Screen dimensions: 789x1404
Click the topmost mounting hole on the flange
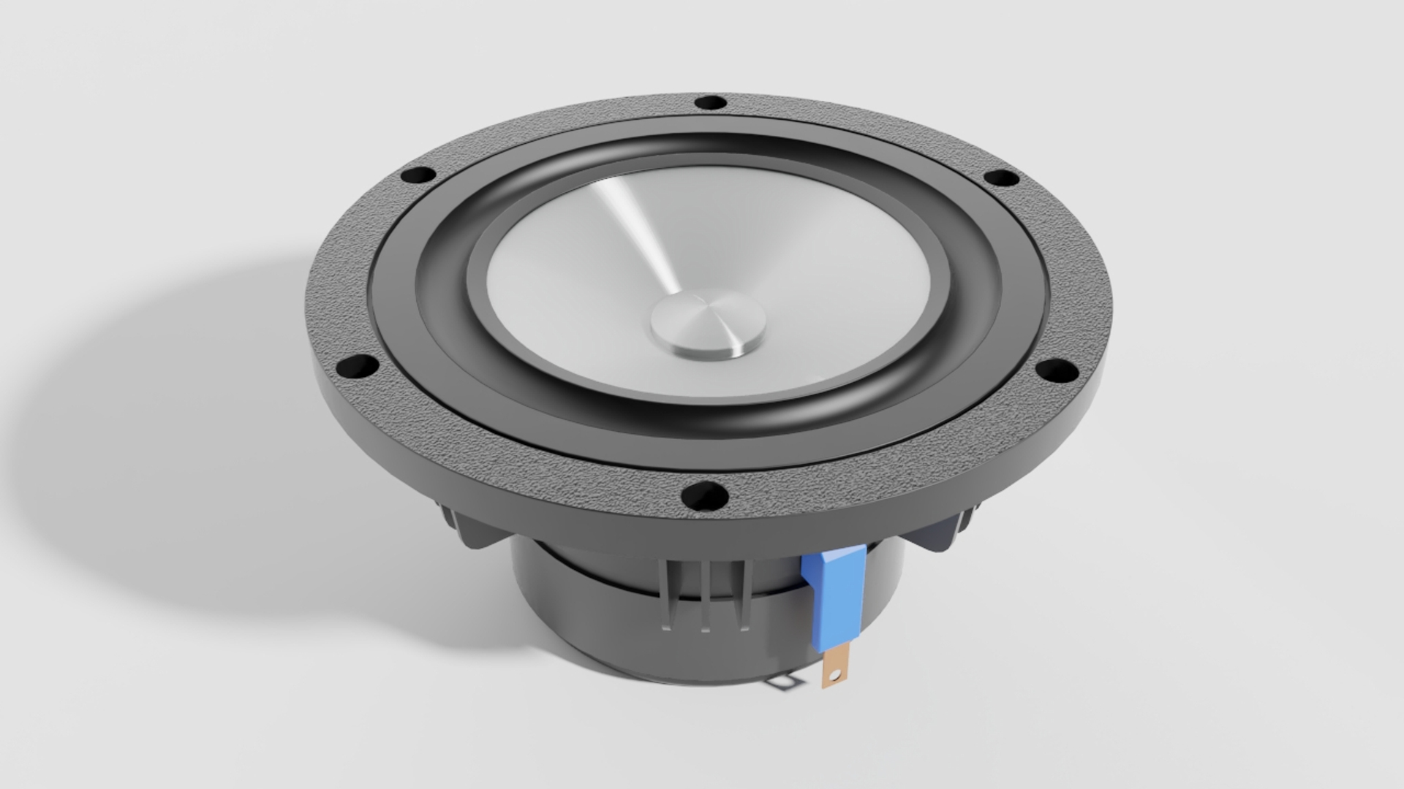pyautogui.click(x=709, y=103)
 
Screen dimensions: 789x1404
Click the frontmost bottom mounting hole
pyautogui.click(x=704, y=497)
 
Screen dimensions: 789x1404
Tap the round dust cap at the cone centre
pyautogui.click(x=708, y=323)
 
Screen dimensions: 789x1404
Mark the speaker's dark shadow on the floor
pyautogui.click(x=183, y=438)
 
